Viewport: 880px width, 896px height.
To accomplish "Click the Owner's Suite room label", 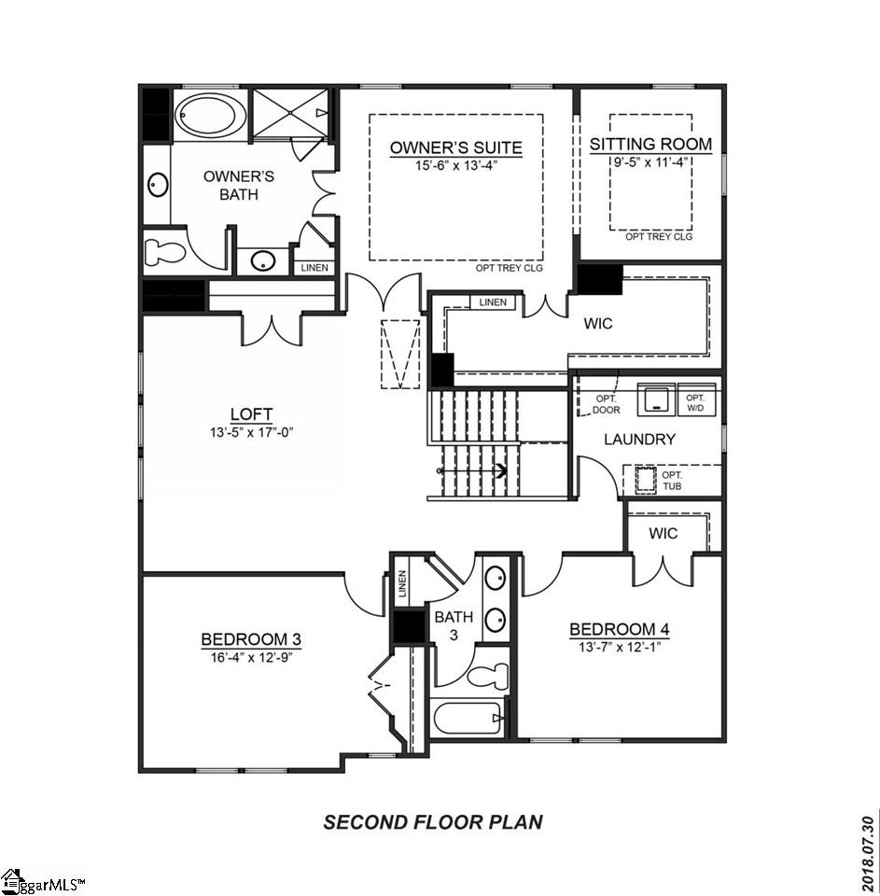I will (x=455, y=147).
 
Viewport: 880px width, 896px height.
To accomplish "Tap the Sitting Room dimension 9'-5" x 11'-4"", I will (x=650, y=161).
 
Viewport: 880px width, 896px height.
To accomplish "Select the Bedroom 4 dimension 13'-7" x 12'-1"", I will (x=619, y=645).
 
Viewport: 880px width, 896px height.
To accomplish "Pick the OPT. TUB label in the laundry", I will (x=672, y=480).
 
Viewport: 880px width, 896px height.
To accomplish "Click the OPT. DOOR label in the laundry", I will (x=606, y=403).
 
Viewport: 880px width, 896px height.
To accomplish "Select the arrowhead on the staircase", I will (x=501, y=471).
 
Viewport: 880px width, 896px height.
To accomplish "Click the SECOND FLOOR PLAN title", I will (x=433, y=822).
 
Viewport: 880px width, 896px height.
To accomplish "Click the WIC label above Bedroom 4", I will (x=663, y=533).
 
